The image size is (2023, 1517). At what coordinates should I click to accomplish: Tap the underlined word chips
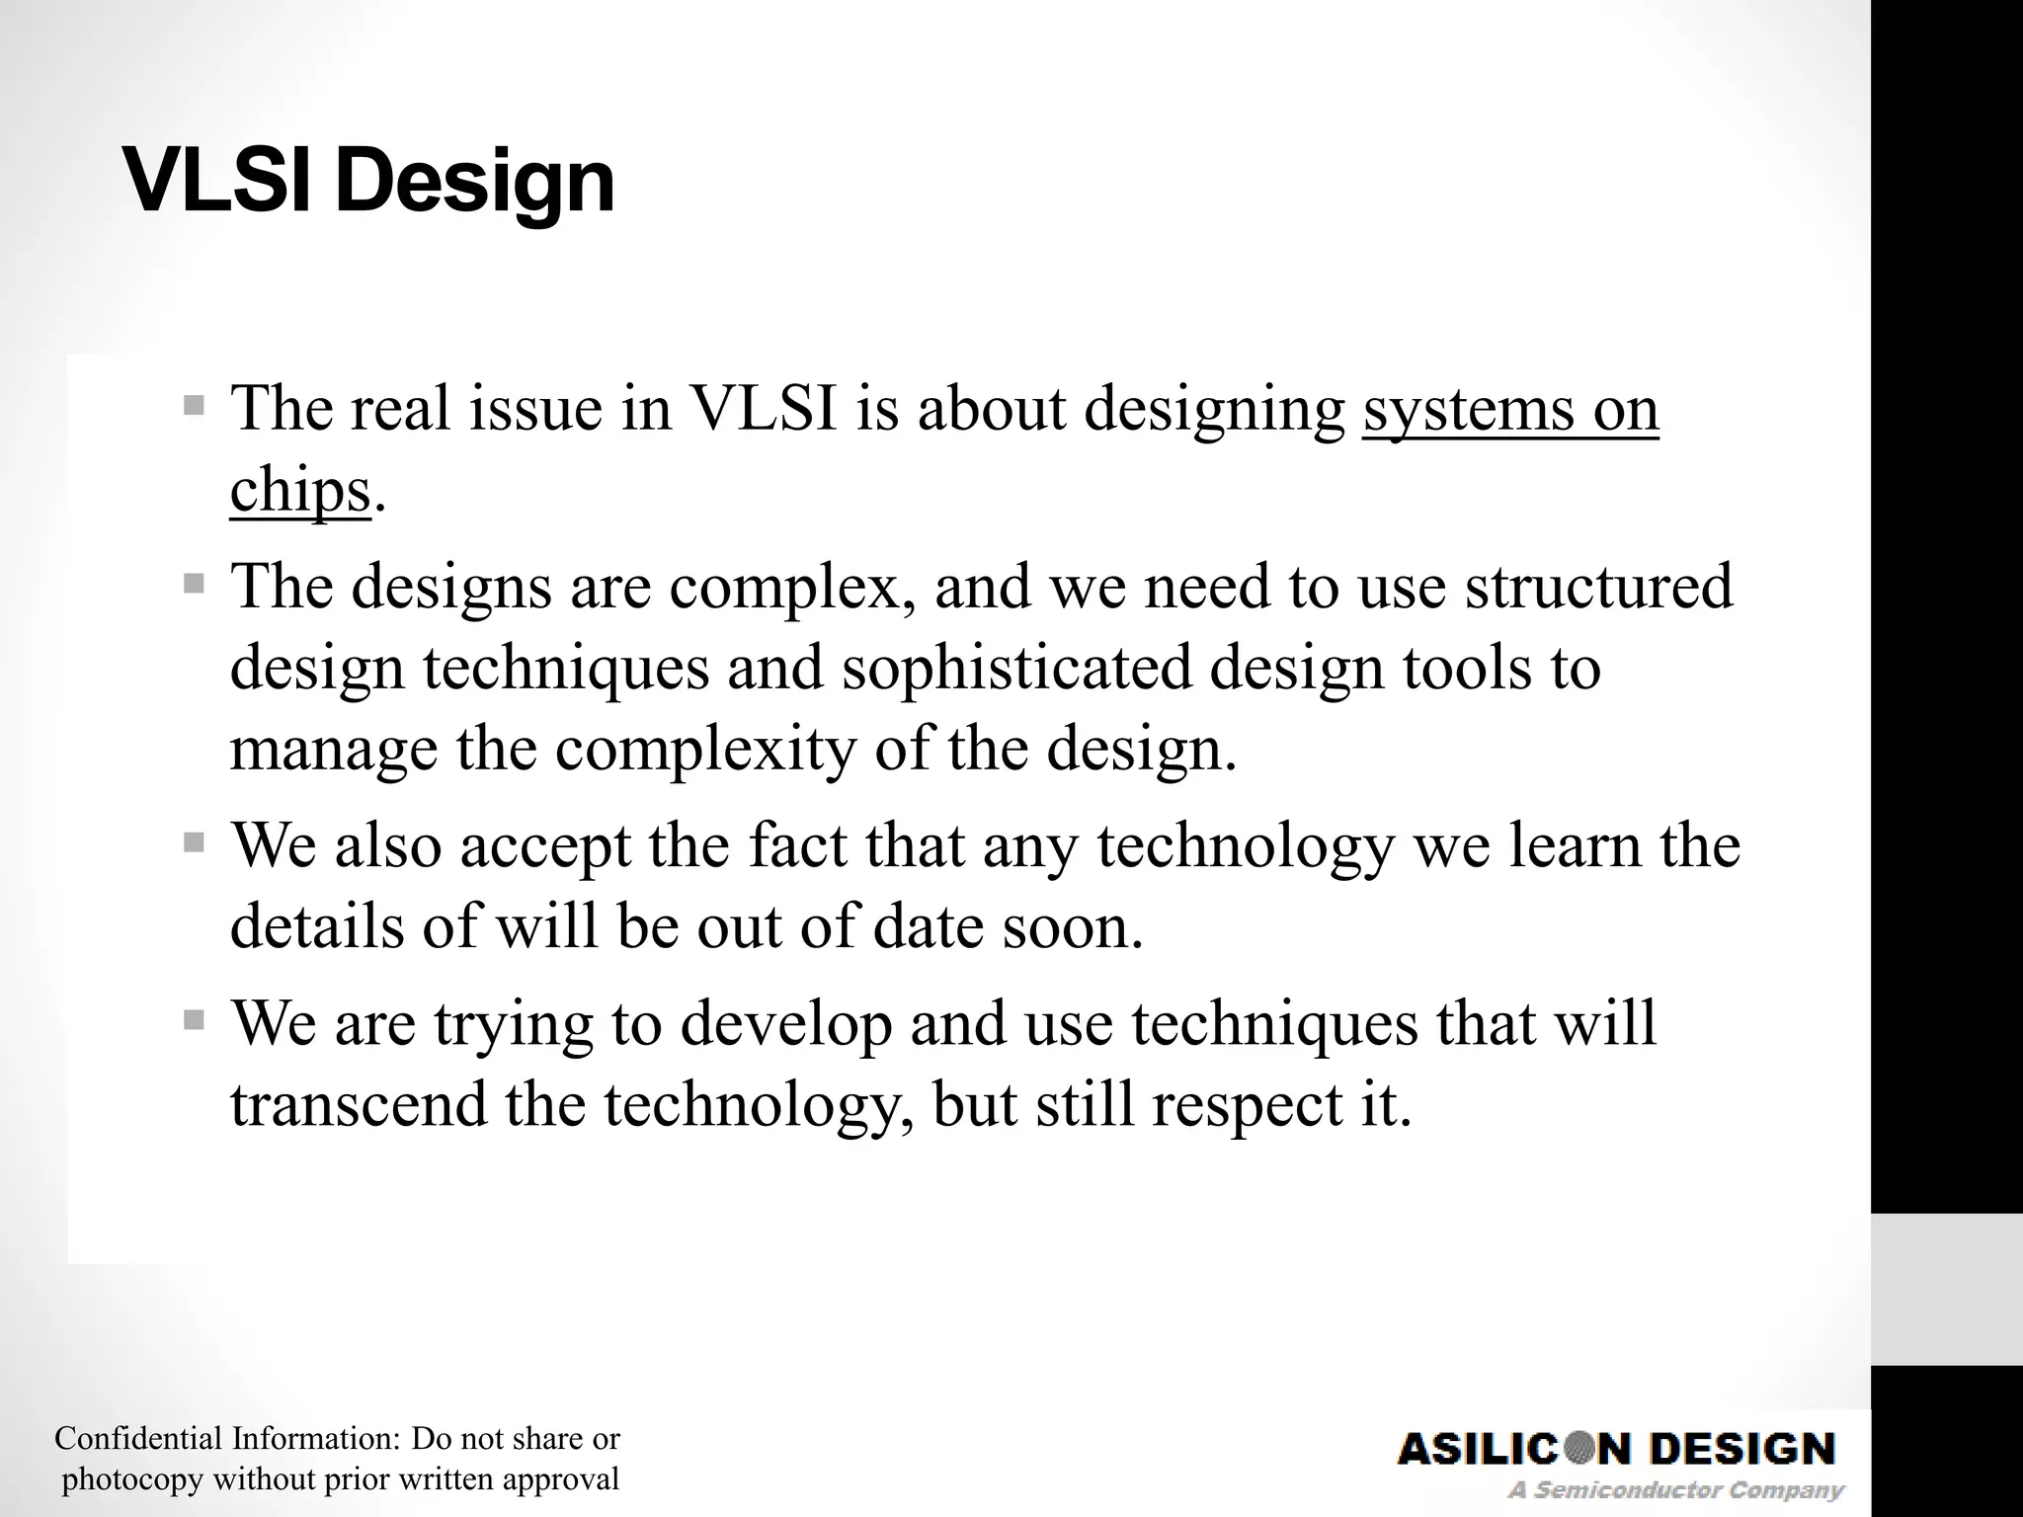(x=299, y=491)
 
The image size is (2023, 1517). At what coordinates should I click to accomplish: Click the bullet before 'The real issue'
(x=194, y=405)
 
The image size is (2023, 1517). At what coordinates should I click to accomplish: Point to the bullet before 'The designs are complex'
(x=194, y=584)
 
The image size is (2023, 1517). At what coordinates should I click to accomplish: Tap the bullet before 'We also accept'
(x=194, y=842)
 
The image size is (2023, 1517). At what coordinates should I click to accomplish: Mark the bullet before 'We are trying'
(x=194, y=1019)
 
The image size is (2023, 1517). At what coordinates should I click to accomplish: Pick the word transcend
(x=359, y=1104)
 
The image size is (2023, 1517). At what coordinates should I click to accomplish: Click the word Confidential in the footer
(x=138, y=1438)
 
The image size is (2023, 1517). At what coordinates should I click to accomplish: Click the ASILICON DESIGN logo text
(x=1616, y=1449)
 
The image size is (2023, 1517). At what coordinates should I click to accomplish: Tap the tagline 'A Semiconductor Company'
(x=1675, y=1489)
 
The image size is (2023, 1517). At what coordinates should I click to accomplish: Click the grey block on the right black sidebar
(x=1946, y=1289)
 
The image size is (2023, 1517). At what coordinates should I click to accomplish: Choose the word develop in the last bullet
(x=786, y=1023)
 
